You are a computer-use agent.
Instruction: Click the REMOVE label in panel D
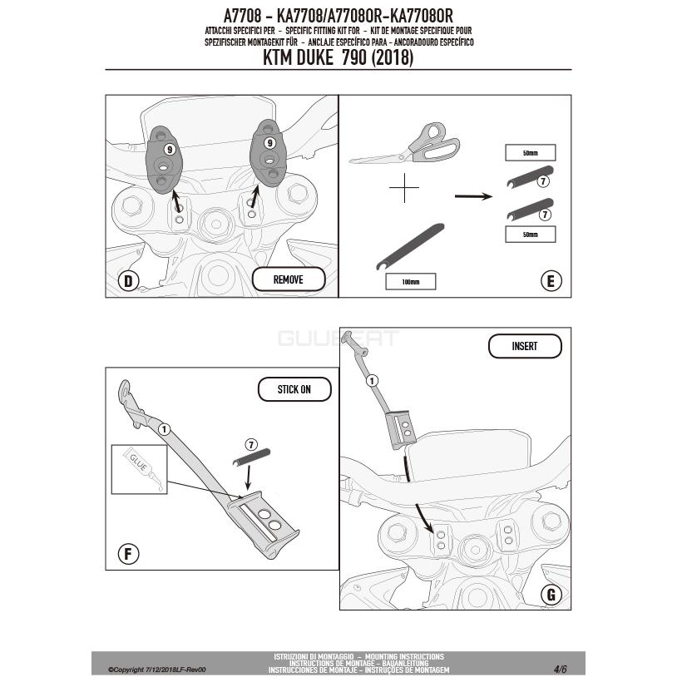pyautogui.click(x=289, y=279)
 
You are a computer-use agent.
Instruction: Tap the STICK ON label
pyautogui.click(x=294, y=389)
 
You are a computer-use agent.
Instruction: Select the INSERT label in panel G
pyautogui.click(x=525, y=346)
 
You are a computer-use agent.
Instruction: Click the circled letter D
pyautogui.click(x=128, y=281)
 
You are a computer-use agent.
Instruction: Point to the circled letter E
pyautogui.click(x=551, y=281)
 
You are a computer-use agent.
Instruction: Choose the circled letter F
pyautogui.click(x=128, y=554)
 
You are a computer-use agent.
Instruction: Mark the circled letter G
pyautogui.click(x=551, y=595)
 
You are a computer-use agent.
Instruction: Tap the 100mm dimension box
pyautogui.click(x=411, y=281)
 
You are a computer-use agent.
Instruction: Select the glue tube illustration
pyautogui.click(x=142, y=468)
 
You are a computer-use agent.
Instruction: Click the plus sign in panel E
pyautogui.click(x=404, y=188)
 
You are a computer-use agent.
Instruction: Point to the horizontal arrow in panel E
pyautogui.click(x=473, y=196)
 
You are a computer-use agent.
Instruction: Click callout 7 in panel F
pyautogui.click(x=251, y=444)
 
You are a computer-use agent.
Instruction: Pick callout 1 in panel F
pyautogui.click(x=164, y=430)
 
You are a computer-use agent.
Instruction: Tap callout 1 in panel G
pyautogui.click(x=372, y=381)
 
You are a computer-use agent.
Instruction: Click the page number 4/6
pyautogui.click(x=561, y=669)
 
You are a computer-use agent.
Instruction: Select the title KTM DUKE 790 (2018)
pyautogui.click(x=338, y=58)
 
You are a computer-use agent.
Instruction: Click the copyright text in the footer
pyautogui.click(x=156, y=670)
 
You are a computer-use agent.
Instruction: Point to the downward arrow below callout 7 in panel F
pyautogui.click(x=248, y=478)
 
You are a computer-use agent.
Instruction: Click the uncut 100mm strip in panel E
pyautogui.click(x=410, y=246)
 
